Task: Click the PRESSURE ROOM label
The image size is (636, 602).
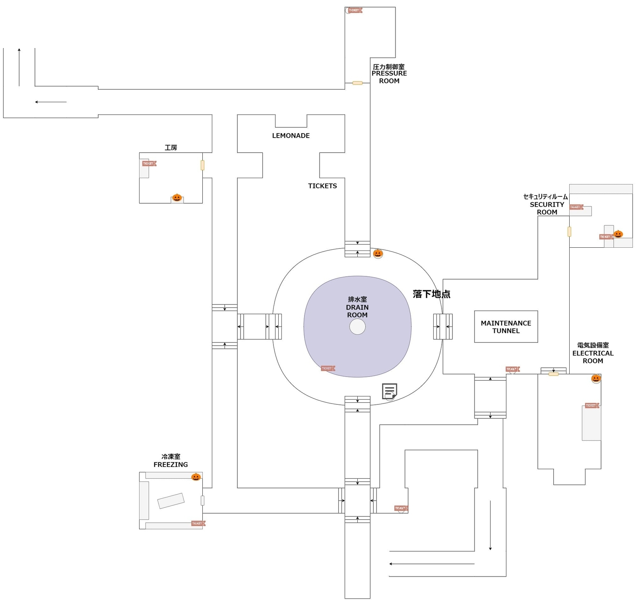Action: (x=389, y=74)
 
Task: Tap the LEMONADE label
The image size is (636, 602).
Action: (x=291, y=136)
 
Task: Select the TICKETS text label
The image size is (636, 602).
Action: (x=322, y=186)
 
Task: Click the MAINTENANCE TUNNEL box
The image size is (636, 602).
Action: (x=506, y=326)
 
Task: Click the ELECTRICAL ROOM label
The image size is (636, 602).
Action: (x=592, y=353)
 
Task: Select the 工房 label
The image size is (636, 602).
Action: (x=171, y=148)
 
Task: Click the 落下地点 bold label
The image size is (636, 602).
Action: (x=431, y=294)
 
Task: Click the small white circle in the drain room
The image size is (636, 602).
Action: (x=357, y=327)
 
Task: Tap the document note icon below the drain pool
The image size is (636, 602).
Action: (x=389, y=391)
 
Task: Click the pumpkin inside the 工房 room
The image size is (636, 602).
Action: (x=177, y=197)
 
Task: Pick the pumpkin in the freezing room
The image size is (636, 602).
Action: (x=196, y=477)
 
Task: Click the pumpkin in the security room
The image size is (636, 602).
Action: (x=618, y=234)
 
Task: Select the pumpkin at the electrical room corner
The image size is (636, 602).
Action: (x=595, y=378)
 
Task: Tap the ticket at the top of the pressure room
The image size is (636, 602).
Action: (x=354, y=10)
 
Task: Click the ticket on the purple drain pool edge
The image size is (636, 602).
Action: (x=328, y=368)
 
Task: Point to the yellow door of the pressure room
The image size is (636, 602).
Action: (x=357, y=83)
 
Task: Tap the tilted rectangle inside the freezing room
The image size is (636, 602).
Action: (x=171, y=501)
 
